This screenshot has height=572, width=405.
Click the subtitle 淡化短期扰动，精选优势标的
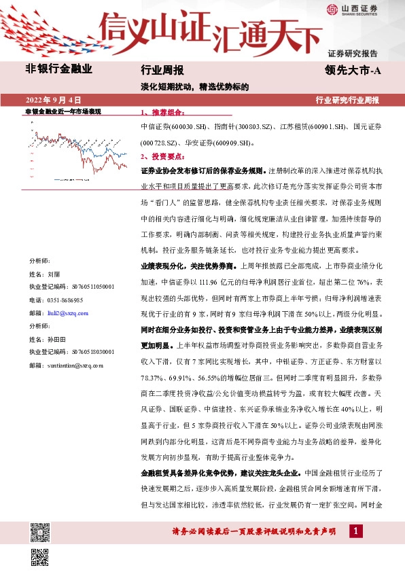pos(195,87)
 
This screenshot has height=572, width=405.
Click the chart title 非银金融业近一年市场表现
pos(63,110)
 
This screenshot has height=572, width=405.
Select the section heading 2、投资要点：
pos(161,156)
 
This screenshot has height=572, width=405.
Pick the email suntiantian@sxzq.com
pos(74,365)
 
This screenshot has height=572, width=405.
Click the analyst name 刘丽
pos(54,274)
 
